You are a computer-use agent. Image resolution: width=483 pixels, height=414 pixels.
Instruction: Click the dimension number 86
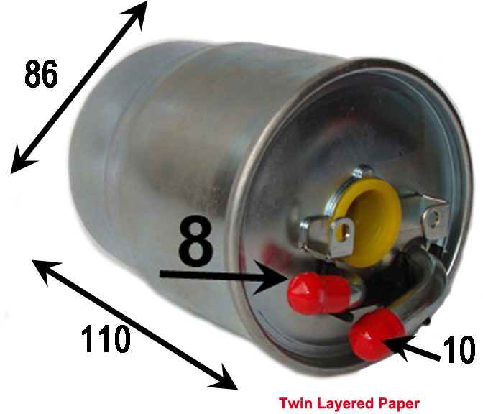[x=41, y=74]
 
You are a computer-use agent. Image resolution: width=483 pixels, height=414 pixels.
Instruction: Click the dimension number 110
[x=106, y=339]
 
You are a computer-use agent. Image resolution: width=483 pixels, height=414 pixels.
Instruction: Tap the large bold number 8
[x=196, y=241]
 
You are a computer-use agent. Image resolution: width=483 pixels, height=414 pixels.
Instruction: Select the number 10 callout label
[x=459, y=349]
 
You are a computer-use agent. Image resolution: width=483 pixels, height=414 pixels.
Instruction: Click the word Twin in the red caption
[x=295, y=403]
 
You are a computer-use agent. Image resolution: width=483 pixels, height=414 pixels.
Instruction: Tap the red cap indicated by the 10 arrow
[x=376, y=335]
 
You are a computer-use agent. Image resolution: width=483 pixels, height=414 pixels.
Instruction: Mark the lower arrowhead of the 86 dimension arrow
[x=22, y=161]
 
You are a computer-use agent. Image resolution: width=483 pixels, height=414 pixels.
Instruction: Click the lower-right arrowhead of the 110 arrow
[x=225, y=378]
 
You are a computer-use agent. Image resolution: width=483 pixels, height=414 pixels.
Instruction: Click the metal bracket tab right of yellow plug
[x=435, y=218]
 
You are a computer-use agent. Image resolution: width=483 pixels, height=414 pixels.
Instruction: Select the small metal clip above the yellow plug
[x=364, y=172]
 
